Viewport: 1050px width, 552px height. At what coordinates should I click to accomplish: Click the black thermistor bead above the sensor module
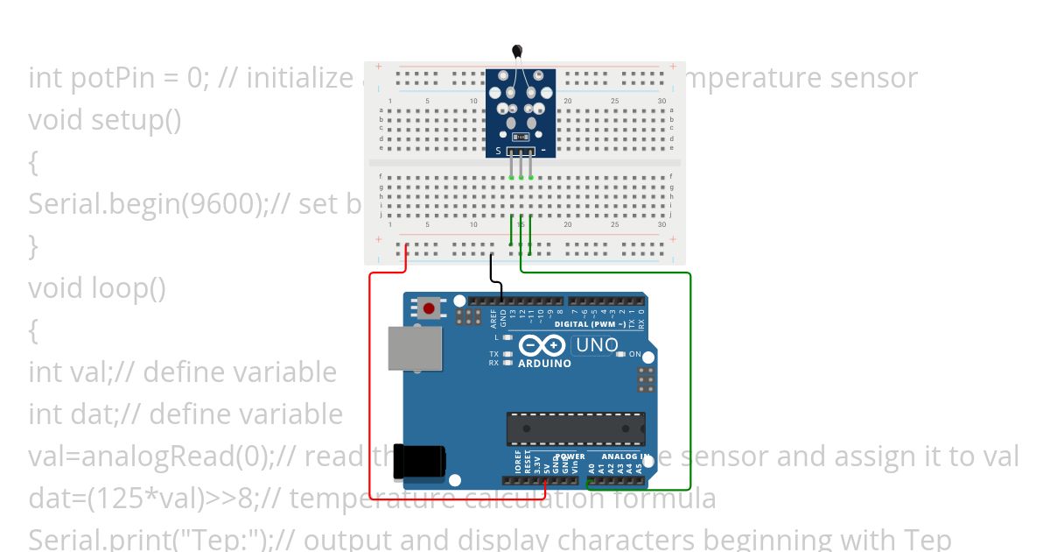click(x=519, y=52)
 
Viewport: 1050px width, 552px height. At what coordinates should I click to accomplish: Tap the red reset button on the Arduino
click(x=430, y=308)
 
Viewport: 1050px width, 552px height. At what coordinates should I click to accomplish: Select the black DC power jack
click(x=418, y=461)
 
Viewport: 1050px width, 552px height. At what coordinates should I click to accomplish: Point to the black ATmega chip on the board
click(x=575, y=429)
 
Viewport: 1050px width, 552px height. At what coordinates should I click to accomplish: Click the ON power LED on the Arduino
click(x=621, y=355)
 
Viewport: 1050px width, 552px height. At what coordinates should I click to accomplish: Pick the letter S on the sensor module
click(x=499, y=151)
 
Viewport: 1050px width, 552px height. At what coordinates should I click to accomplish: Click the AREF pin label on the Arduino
click(x=493, y=317)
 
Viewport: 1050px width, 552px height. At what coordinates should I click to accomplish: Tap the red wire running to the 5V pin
click(x=371, y=386)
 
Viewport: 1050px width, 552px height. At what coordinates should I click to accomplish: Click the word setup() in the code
click(x=136, y=119)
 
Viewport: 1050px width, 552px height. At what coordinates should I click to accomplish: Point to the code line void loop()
click(x=96, y=287)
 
